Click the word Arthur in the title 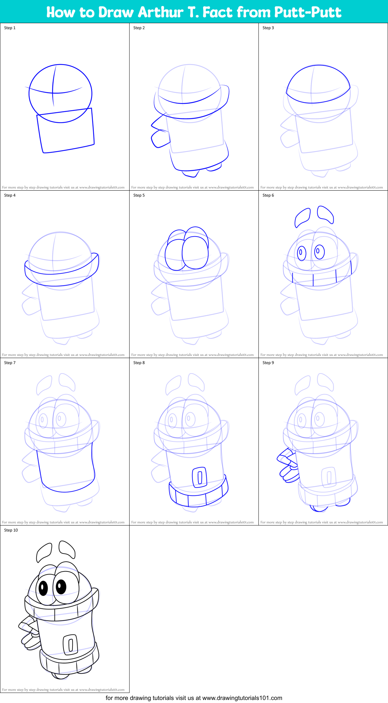(160, 12)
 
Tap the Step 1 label (10, 28)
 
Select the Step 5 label (139, 195)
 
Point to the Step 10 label (11, 530)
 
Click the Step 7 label (10, 363)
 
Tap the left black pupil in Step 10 (43, 588)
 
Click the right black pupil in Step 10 (61, 586)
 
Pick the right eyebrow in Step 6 (325, 214)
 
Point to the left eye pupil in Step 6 (301, 252)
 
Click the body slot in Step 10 (70, 644)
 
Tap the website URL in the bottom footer (242, 698)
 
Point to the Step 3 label (268, 28)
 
